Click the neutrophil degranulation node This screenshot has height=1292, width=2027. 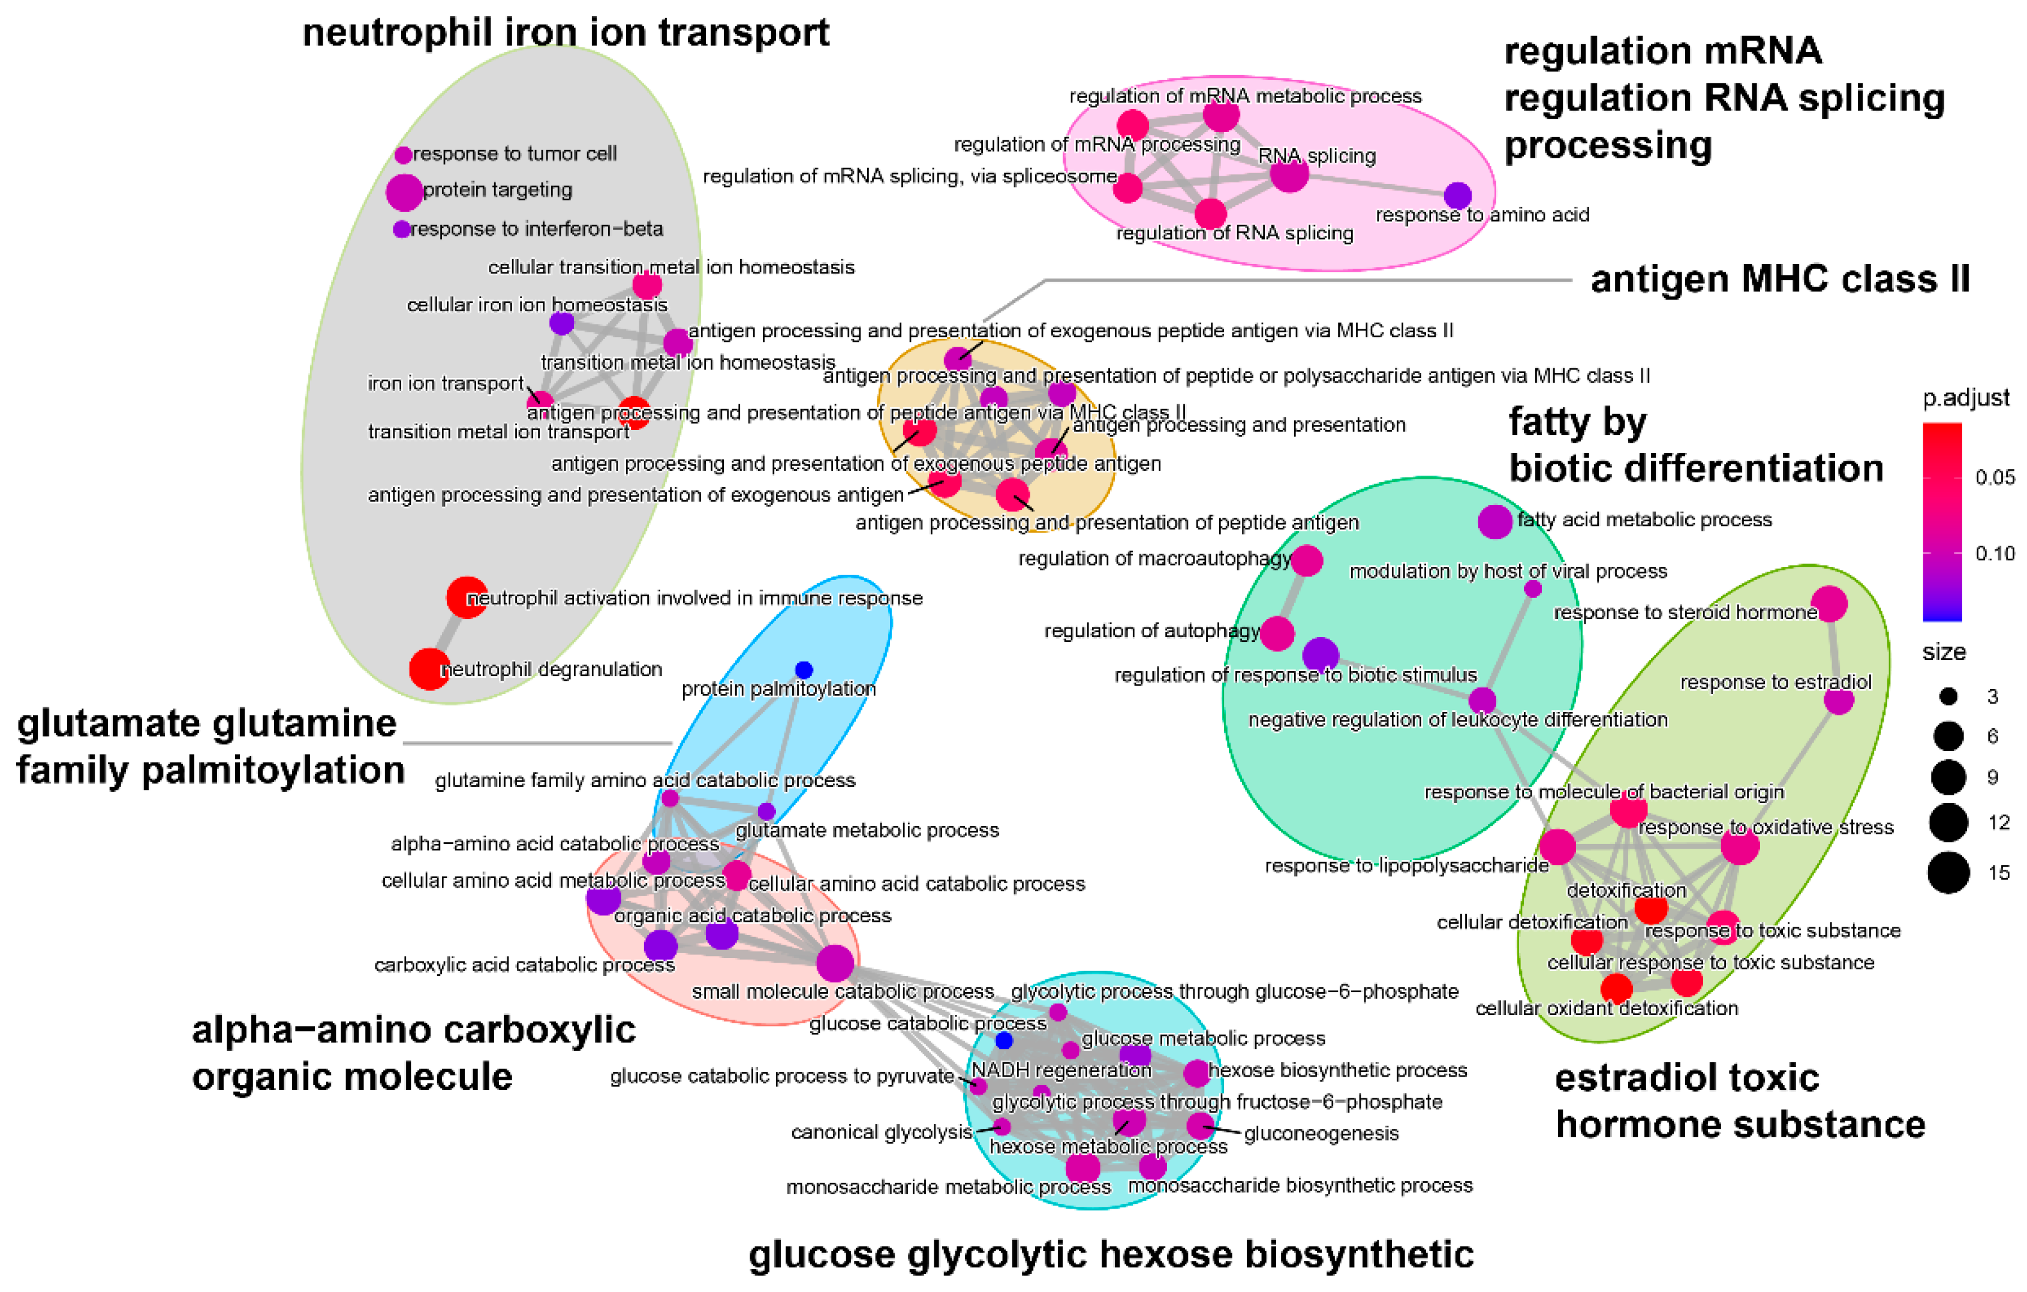[x=429, y=669]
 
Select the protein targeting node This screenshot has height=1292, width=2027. [x=404, y=192]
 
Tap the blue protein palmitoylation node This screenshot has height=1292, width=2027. [x=804, y=670]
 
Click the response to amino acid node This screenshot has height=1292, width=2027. [x=1458, y=196]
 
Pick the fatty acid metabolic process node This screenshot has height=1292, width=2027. [x=1495, y=522]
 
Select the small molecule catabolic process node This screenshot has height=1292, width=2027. [x=835, y=963]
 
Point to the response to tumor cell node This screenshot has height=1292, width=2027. [x=403, y=155]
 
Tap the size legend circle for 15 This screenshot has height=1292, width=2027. [x=1948, y=872]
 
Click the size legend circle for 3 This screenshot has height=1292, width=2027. [x=1948, y=696]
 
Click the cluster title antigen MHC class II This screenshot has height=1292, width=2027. [x=1779, y=280]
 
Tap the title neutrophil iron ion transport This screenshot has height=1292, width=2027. [x=566, y=34]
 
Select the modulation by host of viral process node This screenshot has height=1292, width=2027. [x=1533, y=589]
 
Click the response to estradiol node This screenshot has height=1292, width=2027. [x=1839, y=701]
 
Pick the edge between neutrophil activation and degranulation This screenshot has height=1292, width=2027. [x=449, y=633]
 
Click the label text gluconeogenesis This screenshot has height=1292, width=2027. [x=1321, y=1134]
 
